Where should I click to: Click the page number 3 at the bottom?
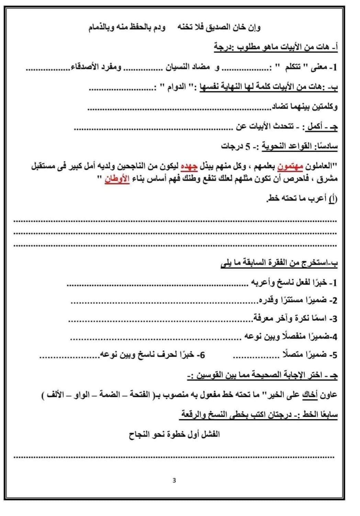[x=174, y=480]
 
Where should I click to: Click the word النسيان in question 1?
[x=178, y=67]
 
